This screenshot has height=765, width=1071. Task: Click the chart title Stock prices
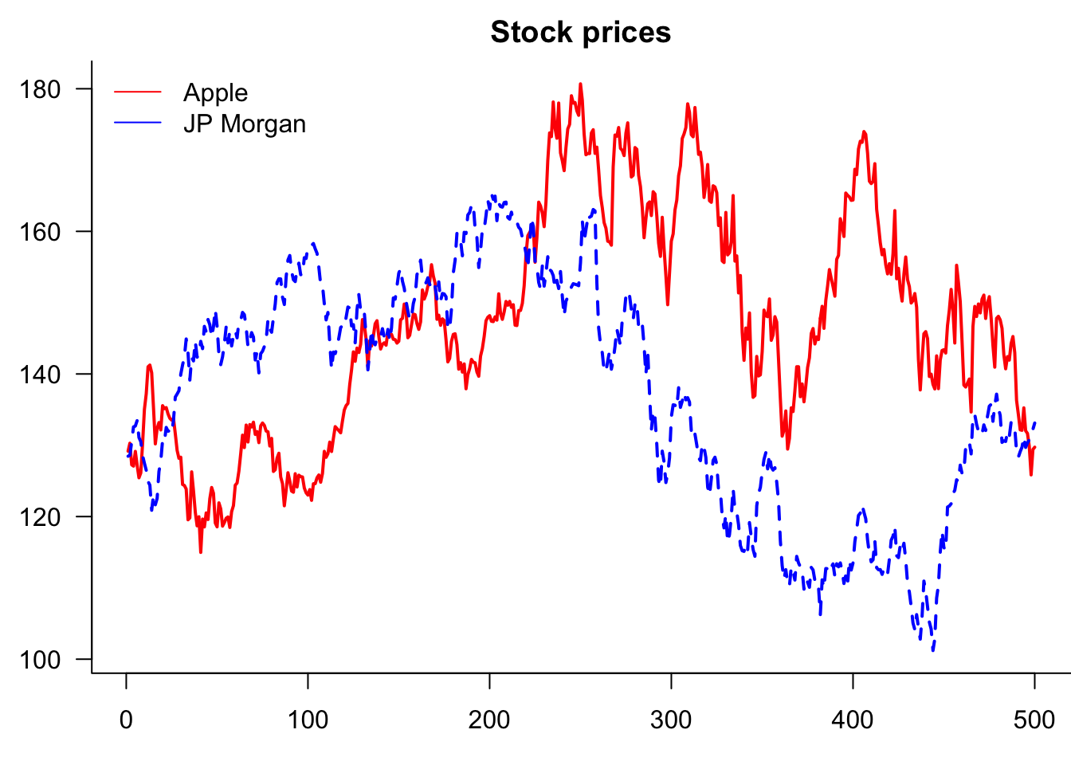[580, 33]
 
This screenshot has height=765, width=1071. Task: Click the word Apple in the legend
[215, 93]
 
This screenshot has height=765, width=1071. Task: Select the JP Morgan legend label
[244, 124]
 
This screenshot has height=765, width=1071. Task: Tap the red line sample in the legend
[138, 92]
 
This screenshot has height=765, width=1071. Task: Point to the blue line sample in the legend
[138, 123]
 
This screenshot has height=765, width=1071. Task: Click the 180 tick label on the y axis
[40, 89]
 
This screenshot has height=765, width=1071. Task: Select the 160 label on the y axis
[40, 232]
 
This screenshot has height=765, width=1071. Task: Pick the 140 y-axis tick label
[40, 375]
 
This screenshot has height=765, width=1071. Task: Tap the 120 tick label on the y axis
[40, 517]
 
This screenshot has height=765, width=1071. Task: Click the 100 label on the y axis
[40, 660]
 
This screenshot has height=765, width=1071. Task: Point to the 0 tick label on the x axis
[126, 720]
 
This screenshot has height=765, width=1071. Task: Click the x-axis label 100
[308, 720]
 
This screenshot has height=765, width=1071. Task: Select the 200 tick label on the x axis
[489, 720]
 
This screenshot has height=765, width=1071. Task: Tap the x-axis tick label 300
[671, 720]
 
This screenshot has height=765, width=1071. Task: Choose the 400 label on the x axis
[853, 720]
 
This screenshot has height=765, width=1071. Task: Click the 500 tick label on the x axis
[1034, 720]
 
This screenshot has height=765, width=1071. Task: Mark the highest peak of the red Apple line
[580, 84]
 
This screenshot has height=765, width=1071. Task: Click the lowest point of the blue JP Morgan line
[932, 651]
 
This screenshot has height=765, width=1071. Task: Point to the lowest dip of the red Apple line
[201, 552]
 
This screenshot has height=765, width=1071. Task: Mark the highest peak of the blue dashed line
[493, 195]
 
